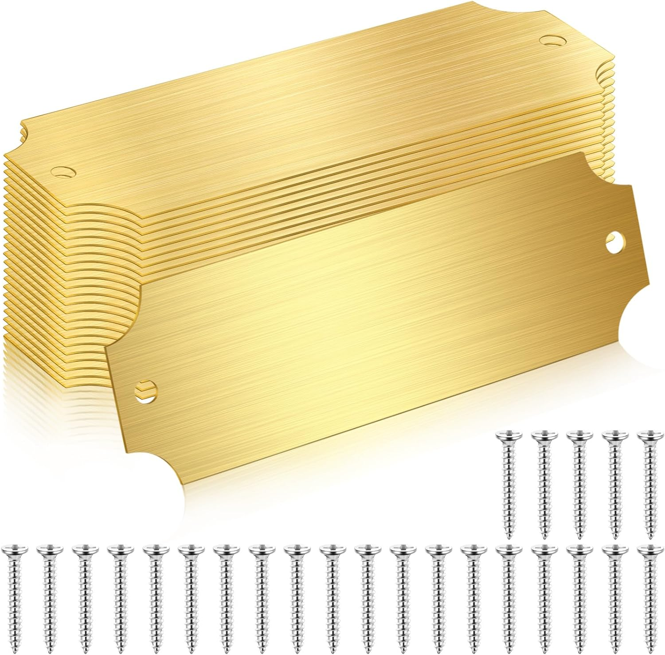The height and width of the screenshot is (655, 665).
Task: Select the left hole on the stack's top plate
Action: click(x=63, y=171)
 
